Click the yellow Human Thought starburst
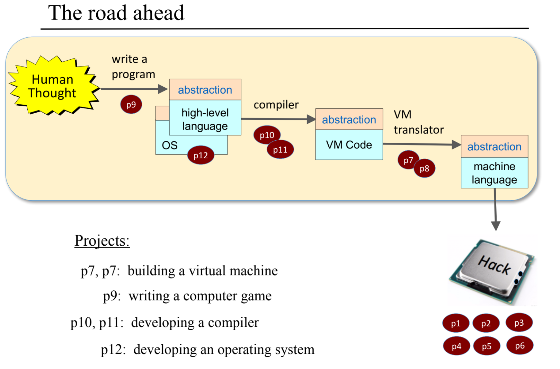53,86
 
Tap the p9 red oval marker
131,104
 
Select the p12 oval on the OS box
201,155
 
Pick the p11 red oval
281,150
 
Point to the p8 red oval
425,169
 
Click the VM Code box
349,145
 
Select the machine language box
494,173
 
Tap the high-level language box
205,119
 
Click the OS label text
170,145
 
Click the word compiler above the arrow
276,105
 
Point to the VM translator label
418,122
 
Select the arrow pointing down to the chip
495,211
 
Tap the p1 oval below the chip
456,323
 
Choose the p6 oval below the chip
519,345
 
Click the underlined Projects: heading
102,240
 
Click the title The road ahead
116,13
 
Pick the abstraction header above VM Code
349,120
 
